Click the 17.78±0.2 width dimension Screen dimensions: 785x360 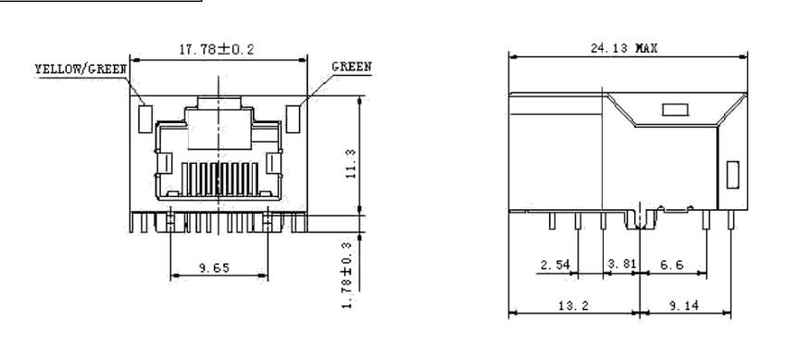(217, 50)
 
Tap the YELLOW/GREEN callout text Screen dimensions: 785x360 (81, 68)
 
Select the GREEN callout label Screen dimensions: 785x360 (352, 67)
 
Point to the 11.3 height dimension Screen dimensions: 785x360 (351, 164)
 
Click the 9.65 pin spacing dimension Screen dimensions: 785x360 (214, 268)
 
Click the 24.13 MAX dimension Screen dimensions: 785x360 (624, 48)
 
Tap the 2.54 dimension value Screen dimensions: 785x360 (555, 265)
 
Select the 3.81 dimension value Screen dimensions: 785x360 (621, 264)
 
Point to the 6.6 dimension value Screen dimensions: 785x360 (672, 265)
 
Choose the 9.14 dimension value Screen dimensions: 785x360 (684, 305)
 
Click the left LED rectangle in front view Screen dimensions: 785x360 (145, 119)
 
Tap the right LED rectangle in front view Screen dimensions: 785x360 (293, 119)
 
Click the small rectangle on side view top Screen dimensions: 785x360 (676, 109)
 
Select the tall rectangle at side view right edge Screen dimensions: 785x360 (732, 175)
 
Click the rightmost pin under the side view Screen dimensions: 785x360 (731, 220)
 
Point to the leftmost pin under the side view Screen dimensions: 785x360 (553, 221)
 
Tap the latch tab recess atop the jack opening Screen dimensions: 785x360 (219, 103)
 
